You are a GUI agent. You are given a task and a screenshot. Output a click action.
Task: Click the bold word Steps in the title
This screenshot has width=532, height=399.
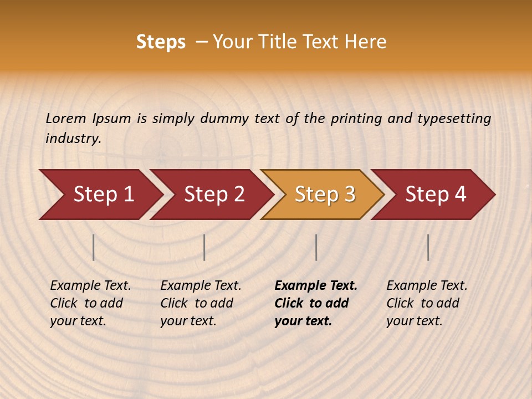coord(161,42)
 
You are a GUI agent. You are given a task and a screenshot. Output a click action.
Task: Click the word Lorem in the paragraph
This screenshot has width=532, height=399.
coord(65,118)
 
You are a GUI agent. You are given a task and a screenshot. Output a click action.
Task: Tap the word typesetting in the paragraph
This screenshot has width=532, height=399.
coord(454,118)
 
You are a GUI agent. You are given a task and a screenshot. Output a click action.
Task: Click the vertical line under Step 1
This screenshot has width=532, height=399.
coord(94,247)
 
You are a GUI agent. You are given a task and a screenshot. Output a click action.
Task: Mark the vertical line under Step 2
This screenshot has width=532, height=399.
coord(204,247)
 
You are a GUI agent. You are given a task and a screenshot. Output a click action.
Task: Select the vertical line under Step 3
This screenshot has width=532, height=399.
coord(316,247)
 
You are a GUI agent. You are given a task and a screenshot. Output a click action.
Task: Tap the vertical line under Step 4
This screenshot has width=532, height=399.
coord(428,247)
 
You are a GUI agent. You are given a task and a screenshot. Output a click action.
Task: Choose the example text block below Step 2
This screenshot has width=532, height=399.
coord(200,303)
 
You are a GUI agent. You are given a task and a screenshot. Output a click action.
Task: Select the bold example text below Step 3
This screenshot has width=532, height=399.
coord(315,303)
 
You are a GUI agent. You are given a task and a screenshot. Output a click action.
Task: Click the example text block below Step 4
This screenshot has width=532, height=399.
coord(426,303)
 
